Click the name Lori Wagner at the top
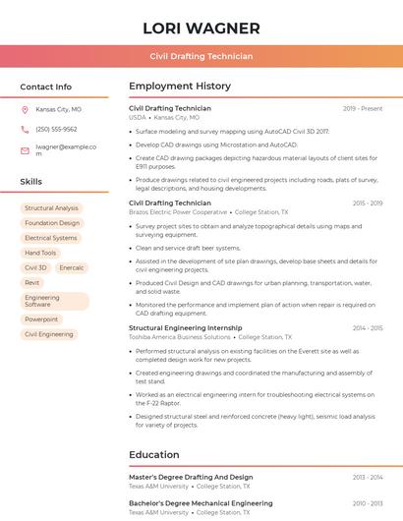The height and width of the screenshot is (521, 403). (x=201, y=29)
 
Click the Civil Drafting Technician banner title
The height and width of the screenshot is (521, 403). (x=201, y=57)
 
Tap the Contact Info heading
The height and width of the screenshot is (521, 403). (x=46, y=87)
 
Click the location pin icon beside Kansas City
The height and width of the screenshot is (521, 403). (x=25, y=110)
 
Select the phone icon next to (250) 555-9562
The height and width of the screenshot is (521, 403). (x=25, y=129)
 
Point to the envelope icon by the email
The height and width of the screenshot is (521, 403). (x=25, y=150)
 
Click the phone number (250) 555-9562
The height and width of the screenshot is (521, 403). (x=56, y=129)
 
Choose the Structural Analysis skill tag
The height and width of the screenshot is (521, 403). (x=51, y=208)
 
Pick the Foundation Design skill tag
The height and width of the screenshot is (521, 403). (x=52, y=223)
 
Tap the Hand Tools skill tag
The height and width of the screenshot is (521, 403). (x=40, y=253)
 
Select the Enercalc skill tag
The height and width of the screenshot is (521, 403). (x=71, y=267)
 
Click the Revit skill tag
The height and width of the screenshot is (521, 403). (x=32, y=282)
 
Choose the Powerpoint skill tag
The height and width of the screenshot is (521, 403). (x=41, y=319)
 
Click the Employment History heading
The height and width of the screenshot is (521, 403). (x=179, y=87)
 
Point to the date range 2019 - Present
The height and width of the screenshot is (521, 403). (x=363, y=108)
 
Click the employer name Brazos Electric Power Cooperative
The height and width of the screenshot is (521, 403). (x=178, y=212)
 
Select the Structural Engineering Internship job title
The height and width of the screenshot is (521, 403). (x=185, y=327)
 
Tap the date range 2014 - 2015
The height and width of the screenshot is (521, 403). (x=368, y=327)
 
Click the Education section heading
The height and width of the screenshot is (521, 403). (x=155, y=455)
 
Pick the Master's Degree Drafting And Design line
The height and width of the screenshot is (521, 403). (x=191, y=477)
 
